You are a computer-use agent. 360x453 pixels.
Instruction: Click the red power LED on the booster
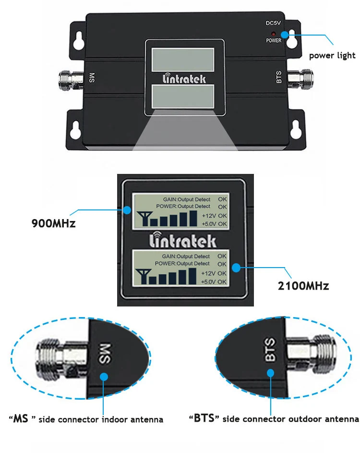coord(273,34)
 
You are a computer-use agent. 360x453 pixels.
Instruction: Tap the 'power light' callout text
coord(332,55)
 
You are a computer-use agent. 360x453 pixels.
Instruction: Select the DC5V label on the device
coord(273,23)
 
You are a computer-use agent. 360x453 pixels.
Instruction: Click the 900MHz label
coord(53,223)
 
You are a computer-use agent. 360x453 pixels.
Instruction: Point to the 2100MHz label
coord(303,286)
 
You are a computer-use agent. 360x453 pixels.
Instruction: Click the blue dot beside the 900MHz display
coord(127,210)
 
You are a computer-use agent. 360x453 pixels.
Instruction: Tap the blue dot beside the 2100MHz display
coord(236,268)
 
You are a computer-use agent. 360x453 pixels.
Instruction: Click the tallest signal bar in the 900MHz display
coord(193,219)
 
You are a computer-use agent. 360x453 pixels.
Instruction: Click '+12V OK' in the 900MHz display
coord(214,216)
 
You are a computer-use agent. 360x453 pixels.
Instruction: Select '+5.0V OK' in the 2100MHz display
coord(214,282)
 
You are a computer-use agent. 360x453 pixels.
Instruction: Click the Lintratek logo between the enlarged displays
coord(182,240)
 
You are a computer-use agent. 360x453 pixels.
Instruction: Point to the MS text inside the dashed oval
coord(105,354)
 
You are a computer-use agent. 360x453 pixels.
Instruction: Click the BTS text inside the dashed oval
coord(270,349)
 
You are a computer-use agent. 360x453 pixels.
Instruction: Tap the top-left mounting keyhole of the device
coord(78,40)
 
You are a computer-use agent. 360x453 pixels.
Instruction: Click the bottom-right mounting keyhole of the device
coord(295,130)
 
